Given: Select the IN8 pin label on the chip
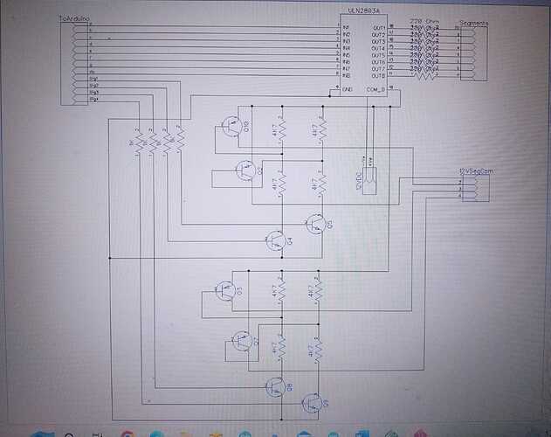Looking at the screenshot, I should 346,76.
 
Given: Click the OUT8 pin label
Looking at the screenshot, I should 378,76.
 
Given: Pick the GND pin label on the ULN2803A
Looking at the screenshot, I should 348,89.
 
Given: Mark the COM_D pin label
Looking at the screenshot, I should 376,89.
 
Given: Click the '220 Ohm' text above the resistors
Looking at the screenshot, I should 424,19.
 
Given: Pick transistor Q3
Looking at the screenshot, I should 227,289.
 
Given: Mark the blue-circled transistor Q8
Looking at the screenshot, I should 276,386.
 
